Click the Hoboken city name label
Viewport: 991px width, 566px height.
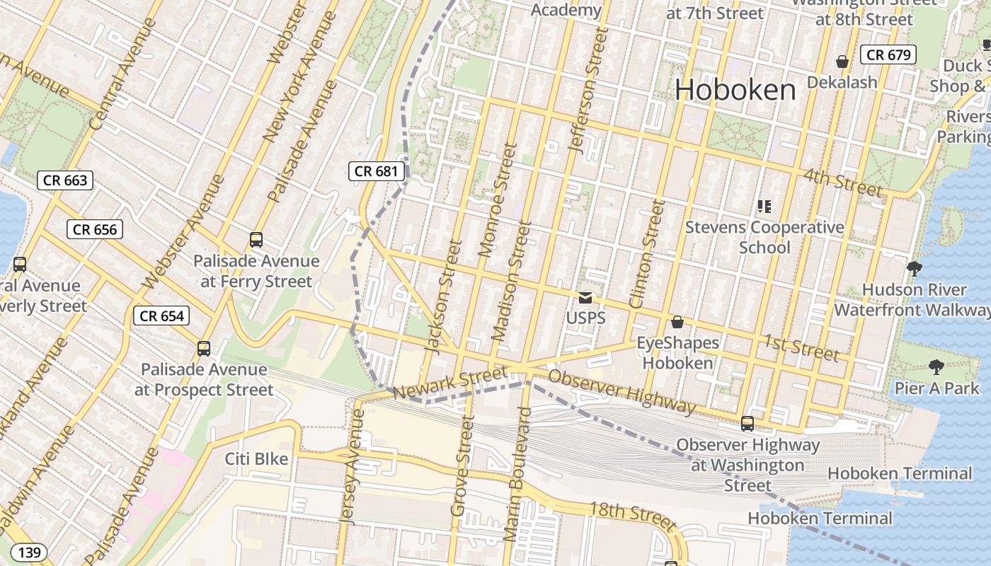pyautogui.click(x=735, y=90)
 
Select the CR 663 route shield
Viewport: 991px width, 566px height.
pyautogui.click(x=65, y=180)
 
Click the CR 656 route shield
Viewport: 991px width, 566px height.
pyautogui.click(x=95, y=229)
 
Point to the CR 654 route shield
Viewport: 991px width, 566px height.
pyautogui.click(x=161, y=316)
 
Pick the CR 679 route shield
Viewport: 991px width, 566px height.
pyautogui.click(x=888, y=54)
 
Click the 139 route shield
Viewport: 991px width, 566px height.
pyautogui.click(x=29, y=553)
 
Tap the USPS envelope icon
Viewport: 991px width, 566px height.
pyautogui.click(x=585, y=298)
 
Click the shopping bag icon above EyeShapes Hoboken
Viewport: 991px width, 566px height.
pyautogui.click(x=677, y=323)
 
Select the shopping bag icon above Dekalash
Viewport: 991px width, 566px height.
pyautogui.click(x=842, y=62)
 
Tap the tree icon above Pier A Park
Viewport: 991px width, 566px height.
pyautogui.click(x=936, y=366)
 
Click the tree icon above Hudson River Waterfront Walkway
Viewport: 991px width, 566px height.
pyautogui.click(x=914, y=268)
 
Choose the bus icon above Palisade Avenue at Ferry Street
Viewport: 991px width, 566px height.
pyautogui.click(x=256, y=240)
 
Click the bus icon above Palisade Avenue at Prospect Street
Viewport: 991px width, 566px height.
pyautogui.click(x=204, y=348)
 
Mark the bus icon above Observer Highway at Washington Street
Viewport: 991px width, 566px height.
pyautogui.click(x=747, y=424)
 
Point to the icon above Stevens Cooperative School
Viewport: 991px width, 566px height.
pyautogui.click(x=764, y=207)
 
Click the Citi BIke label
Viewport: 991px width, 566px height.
pyautogui.click(x=256, y=459)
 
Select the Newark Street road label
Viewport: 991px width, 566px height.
pyautogui.click(x=450, y=382)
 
